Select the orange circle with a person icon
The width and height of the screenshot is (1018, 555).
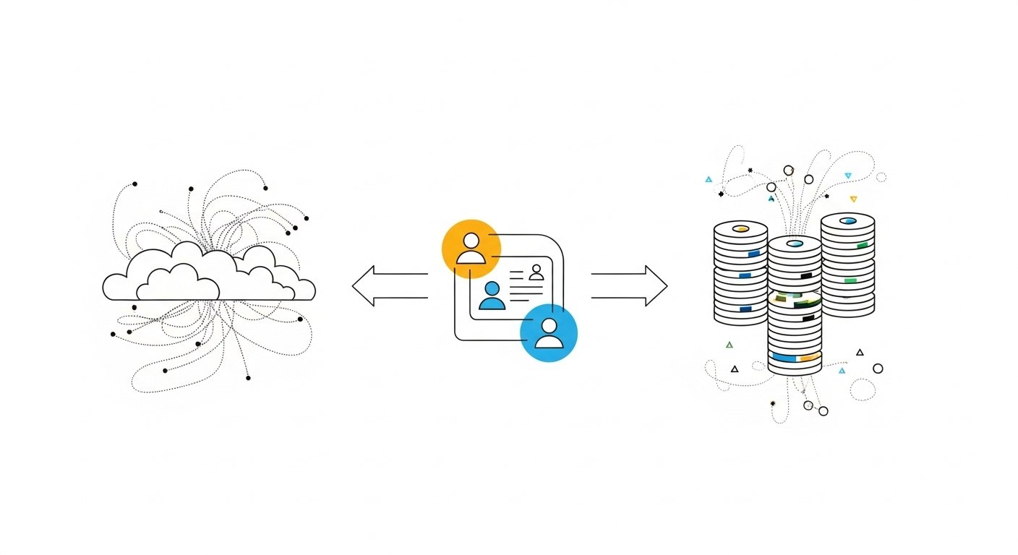pyautogui.click(x=471, y=248)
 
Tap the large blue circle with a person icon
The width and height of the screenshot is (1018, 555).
pyautogui.click(x=549, y=332)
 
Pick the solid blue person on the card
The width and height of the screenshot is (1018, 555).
pyautogui.click(x=492, y=296)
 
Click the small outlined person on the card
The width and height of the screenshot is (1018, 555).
pyautogui.click(x=536, y=272)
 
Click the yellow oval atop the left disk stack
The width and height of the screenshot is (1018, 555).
pyautogui.click(x=740, y=229)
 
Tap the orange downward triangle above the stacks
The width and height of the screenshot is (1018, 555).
pyautogui.click(x=853, y=199)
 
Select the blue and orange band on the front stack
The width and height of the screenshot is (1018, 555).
pyautogui.click(x=795, y=357)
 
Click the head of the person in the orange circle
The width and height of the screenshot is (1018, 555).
pyautogui.click(x=471, y=240)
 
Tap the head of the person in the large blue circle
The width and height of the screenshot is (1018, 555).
pyautogui.click(x=549, y=324)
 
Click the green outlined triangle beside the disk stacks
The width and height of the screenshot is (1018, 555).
pyautogui.click(x=729, y=345)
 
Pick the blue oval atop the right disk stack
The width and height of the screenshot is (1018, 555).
pyautogui.click(x=848, y=220)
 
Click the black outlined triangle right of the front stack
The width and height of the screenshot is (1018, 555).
pyautogui.click(x=860, y=353)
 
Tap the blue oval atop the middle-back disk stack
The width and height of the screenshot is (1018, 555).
pyautogui.click(x=795, y=244)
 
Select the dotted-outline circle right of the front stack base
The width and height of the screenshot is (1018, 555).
pyautogui.click(x=863, y=390)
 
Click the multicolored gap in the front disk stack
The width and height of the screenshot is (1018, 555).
pyautogui.click(x=795, y=299)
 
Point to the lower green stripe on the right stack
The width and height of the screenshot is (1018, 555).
pyautogui.click(x=850, y=280)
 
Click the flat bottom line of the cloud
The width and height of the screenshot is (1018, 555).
pyautogui.click(x=210, y=299)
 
